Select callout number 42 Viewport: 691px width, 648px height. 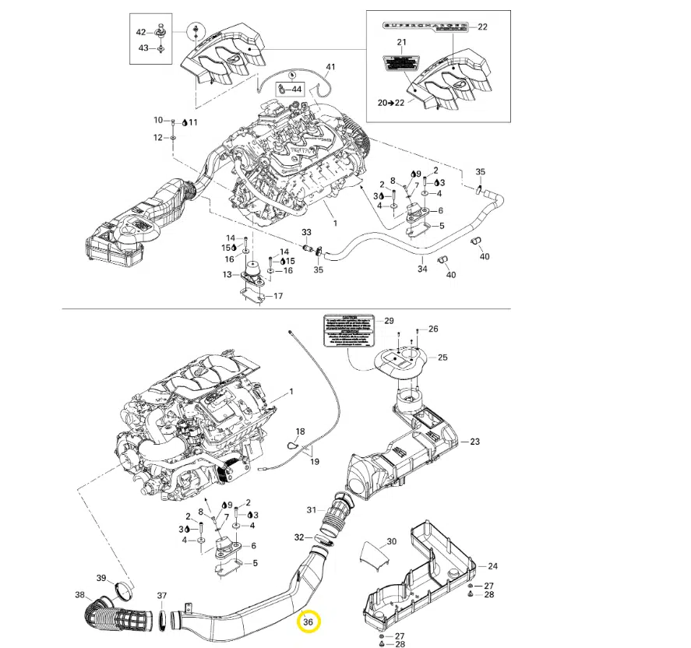141,32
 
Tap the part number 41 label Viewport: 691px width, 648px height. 330,66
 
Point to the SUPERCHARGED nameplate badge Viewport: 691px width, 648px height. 424,26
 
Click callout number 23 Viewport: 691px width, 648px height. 474,442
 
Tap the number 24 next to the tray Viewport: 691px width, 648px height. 492,565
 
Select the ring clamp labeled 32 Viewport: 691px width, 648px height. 321,538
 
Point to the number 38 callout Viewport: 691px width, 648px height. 79,595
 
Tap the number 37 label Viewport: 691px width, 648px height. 161,596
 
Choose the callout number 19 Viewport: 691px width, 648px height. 315,461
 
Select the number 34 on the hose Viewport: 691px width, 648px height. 422,269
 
